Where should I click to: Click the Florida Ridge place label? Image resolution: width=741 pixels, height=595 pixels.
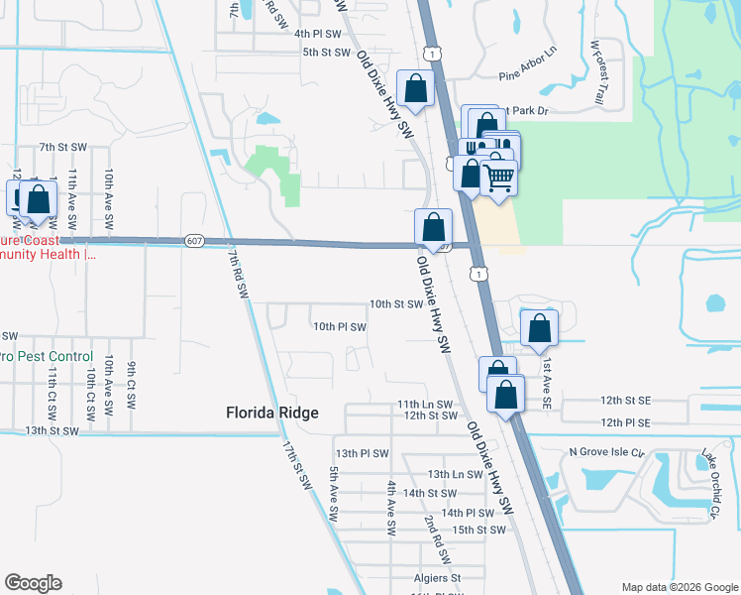click(271, 413)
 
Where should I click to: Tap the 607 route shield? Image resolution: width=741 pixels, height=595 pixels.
click(194, 240)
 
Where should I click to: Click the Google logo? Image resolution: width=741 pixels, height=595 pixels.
click(33, 583)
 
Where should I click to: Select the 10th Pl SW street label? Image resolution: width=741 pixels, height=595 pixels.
click(340, 326)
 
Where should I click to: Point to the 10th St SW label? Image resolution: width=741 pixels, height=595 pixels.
click(396, 304)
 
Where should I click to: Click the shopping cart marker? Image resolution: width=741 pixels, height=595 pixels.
click(499, 178)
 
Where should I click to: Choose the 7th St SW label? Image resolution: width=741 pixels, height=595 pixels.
click(63, 147)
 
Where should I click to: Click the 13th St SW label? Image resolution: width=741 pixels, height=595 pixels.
click(52, 430)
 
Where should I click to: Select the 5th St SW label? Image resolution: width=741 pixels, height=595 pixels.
click(327, 52)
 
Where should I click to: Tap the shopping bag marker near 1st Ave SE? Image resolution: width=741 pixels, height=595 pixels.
click(539, 329)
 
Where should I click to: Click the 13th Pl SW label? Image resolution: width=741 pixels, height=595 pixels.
click(361, 453)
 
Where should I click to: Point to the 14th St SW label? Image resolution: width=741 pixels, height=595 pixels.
click(429, 493)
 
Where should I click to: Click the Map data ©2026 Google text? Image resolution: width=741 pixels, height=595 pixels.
click(679, 586)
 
